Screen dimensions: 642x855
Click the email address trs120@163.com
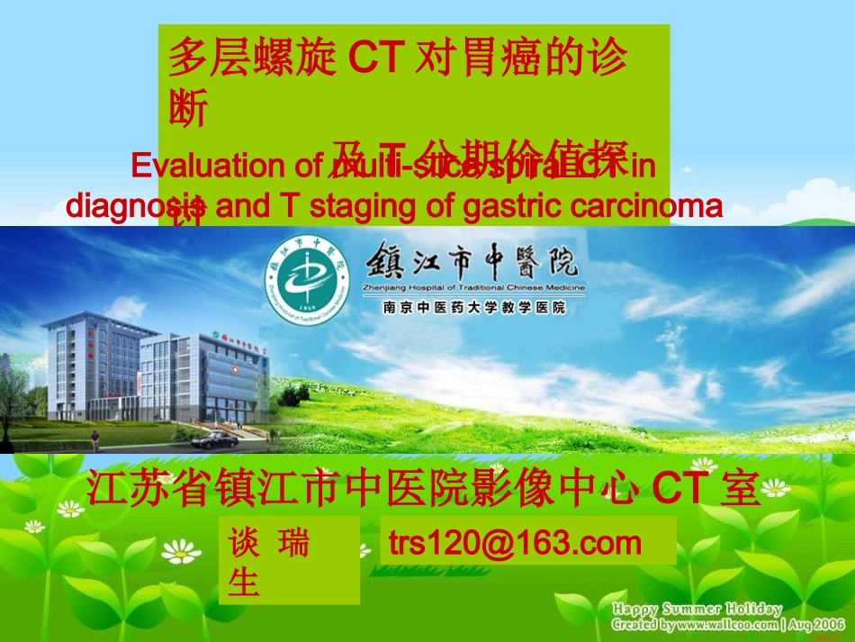(x=515, y=542)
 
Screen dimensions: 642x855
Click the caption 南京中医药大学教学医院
(x=474, y=306)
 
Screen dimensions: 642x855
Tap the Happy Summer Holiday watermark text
(x=697, y=610)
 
